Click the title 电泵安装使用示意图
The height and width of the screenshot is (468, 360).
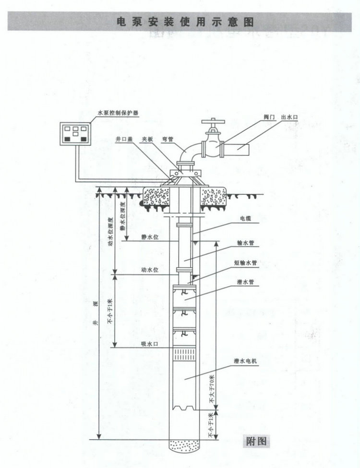click(x=185, y=22)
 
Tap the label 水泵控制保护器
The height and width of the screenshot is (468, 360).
click(x=118, y=113)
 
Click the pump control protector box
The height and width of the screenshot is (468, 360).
click(x=75, y=134)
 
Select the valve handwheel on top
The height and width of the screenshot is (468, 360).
click(x=213, y=122)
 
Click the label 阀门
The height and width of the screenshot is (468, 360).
click(x=269, y=117)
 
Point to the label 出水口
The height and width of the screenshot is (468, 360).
click(x=289, y=117)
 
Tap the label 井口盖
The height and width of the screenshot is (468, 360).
click(x=124, y=139)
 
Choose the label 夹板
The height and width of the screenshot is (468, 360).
click(x=147, y=139)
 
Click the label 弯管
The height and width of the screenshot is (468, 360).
click(x=168, y=139)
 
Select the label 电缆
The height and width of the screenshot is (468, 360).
click(x=245, y=219)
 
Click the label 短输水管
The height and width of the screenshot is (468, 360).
click(x=245, y=263)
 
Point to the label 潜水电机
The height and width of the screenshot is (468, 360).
click(x=245, y=361)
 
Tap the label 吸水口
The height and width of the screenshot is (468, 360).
click(x=150, y=344)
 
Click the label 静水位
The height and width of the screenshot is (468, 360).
click(x=150, y=237)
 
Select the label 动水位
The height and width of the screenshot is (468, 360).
click(x=150, y=270)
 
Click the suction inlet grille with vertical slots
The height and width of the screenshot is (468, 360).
click(x=184, y=354)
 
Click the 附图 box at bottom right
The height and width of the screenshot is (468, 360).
click(x=256, y=441)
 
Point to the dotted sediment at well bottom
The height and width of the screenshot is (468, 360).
click(x=184, y=445)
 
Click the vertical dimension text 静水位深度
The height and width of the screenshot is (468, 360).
click(x=122, y=215)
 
